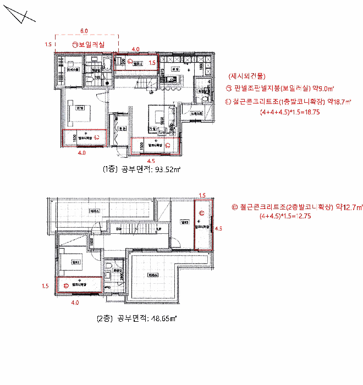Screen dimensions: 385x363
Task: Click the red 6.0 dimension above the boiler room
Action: [x=84, y=31]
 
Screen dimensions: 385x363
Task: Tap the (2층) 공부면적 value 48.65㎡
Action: [x=164, y=318]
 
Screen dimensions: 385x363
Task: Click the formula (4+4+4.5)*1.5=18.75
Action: [x=290, y=112]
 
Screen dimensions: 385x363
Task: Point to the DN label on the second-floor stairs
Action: [x=117, y=228]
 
